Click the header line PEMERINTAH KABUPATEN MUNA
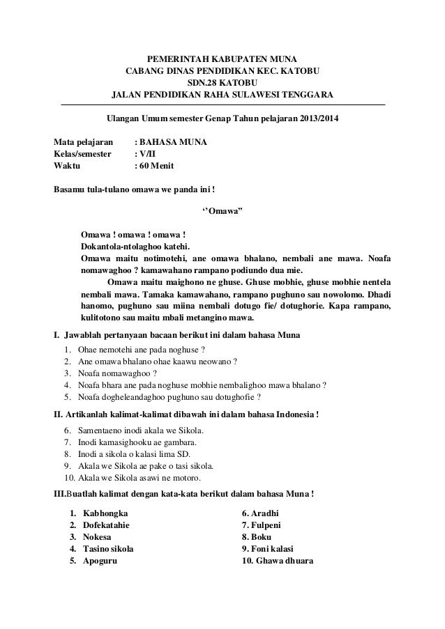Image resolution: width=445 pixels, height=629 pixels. coord(222,58)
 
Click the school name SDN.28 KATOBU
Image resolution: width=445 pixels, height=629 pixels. coord(222,82)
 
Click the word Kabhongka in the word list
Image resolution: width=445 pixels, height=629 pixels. coord(105,513)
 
